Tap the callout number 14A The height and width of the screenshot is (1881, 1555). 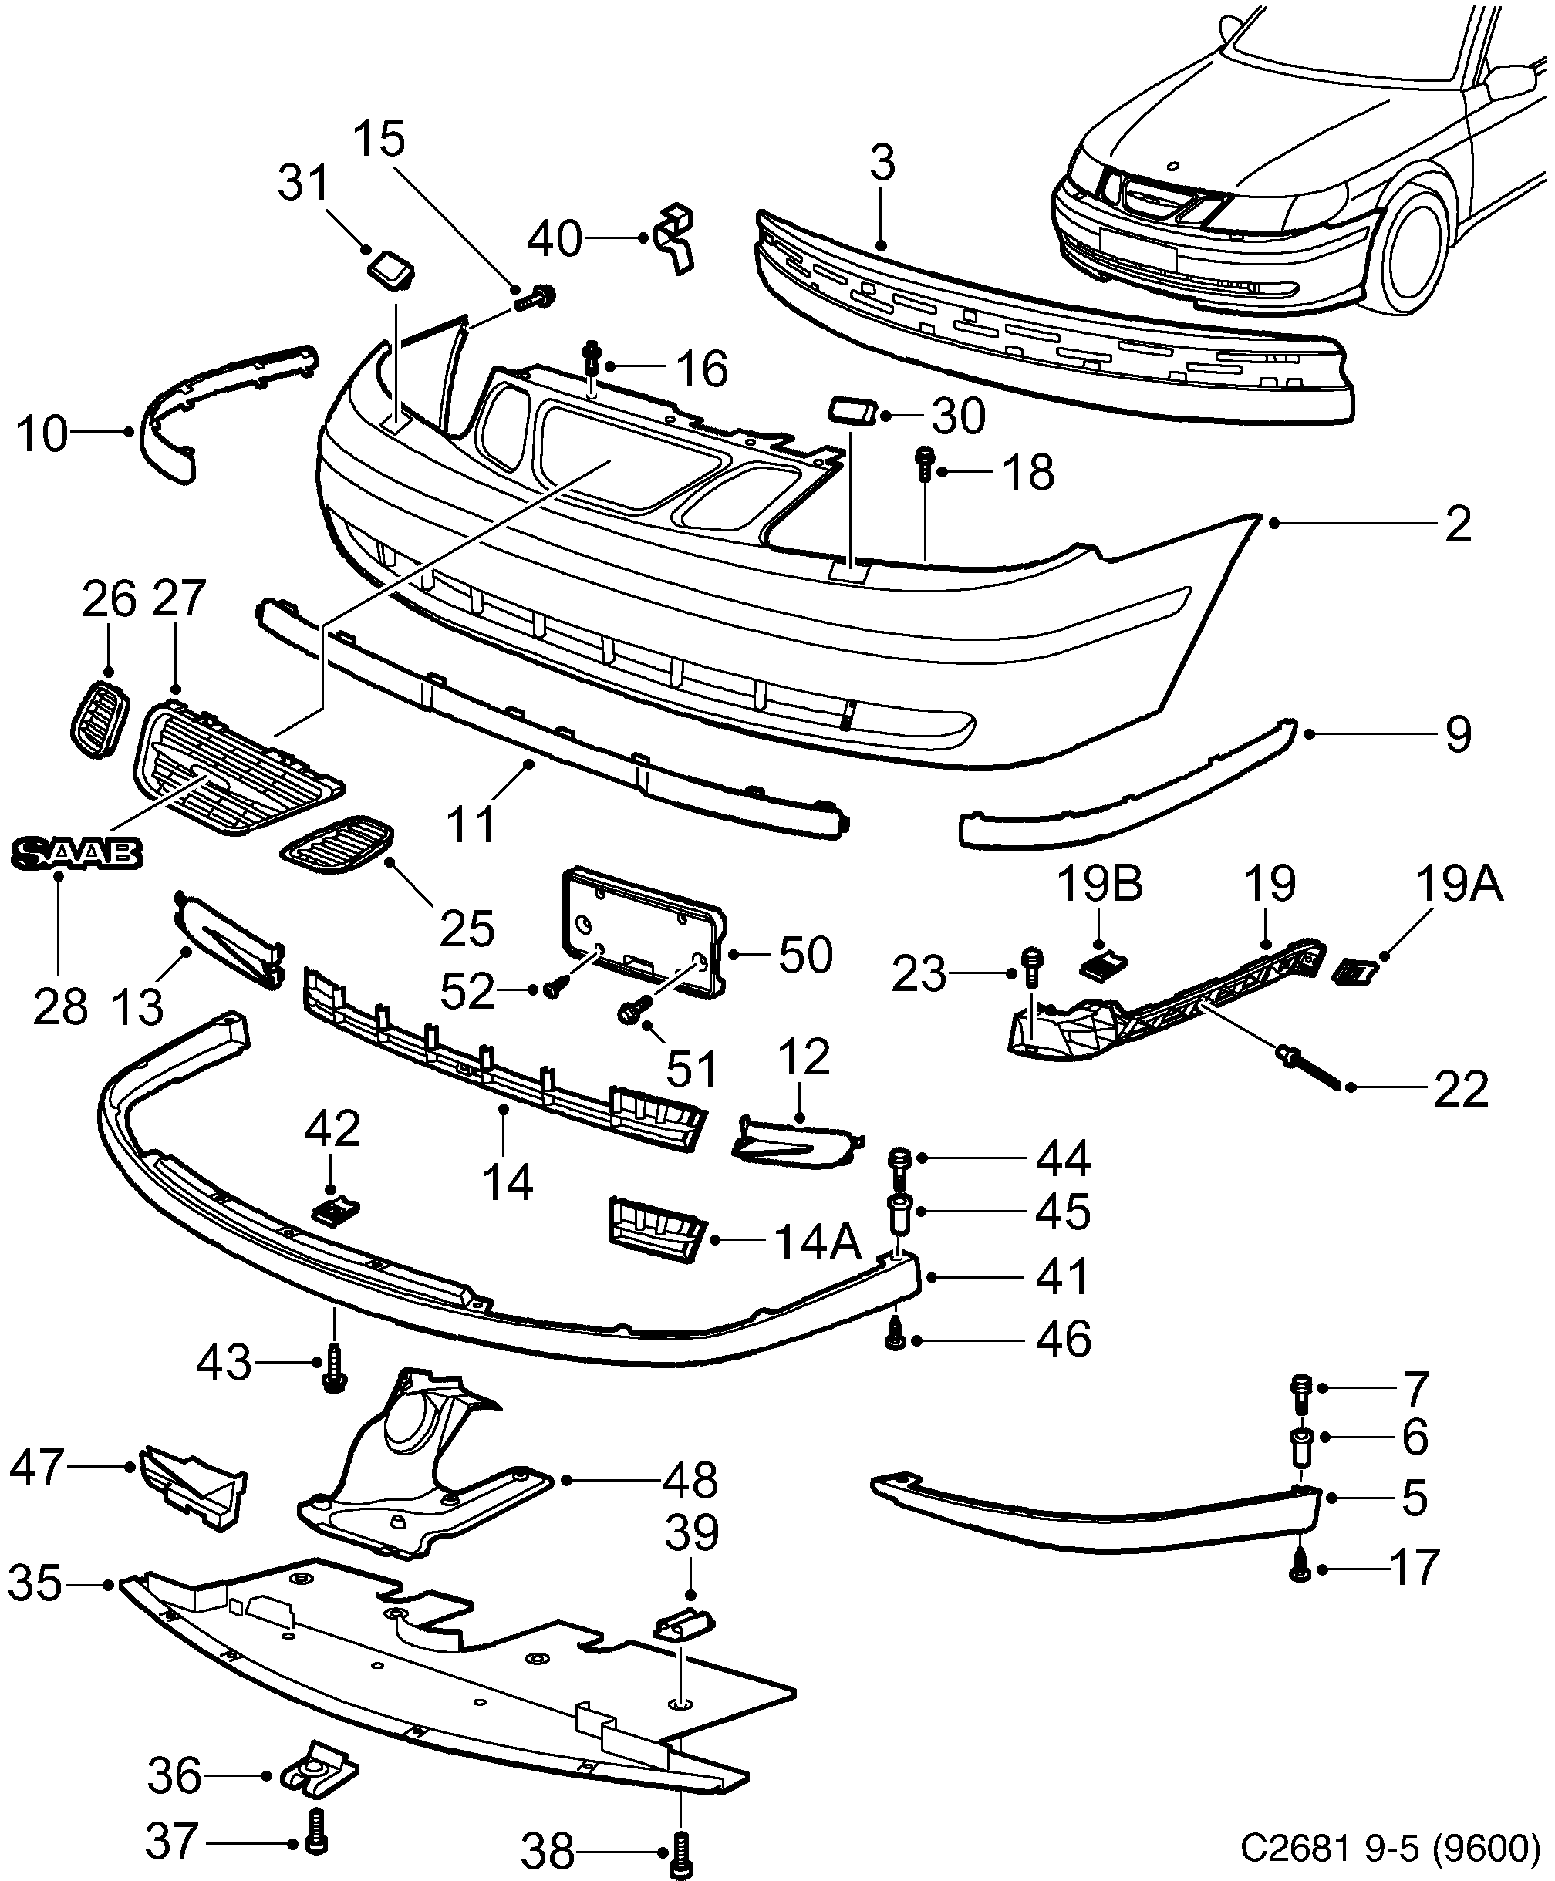816,1242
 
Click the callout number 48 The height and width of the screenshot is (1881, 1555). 690,1481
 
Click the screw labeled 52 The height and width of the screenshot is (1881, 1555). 552,988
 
